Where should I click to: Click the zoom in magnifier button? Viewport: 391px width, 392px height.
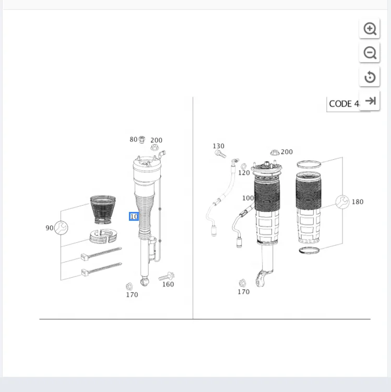point(370,29)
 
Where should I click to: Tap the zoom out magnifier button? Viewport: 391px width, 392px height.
point(370,53)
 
